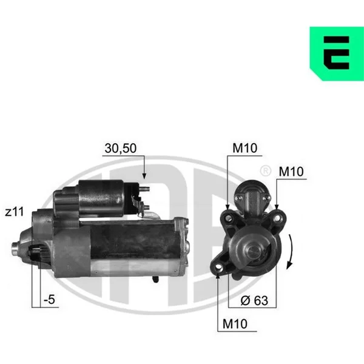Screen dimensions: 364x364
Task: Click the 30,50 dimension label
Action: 121,149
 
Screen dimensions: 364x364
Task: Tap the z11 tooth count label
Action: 15,212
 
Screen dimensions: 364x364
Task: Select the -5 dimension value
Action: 49,299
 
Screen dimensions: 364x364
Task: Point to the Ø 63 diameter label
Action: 254,300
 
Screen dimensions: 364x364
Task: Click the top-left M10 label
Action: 245,148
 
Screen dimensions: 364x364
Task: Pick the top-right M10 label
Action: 291,172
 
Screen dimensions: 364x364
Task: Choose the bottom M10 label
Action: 235,324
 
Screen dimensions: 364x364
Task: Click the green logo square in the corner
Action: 337,53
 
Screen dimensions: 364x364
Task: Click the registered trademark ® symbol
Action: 266,171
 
